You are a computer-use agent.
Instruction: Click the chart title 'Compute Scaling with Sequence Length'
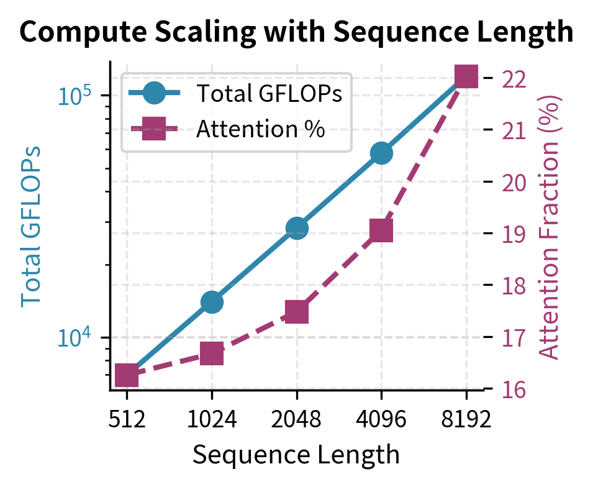[296, 31]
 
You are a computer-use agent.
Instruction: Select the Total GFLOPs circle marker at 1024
[212, 303]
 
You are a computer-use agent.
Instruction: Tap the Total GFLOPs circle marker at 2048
[297, 228]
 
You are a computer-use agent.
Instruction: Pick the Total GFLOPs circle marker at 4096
[381, 153]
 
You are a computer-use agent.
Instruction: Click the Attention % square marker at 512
[127, 375]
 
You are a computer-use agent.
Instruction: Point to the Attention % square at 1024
[212, 354]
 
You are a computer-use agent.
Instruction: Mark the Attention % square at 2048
[297, 312]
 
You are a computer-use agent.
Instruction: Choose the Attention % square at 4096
[381, 230]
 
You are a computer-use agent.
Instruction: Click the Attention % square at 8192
[466, 77]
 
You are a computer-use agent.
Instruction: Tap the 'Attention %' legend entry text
[261, 129]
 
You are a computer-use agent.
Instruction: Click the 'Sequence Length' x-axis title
[296, 455]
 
